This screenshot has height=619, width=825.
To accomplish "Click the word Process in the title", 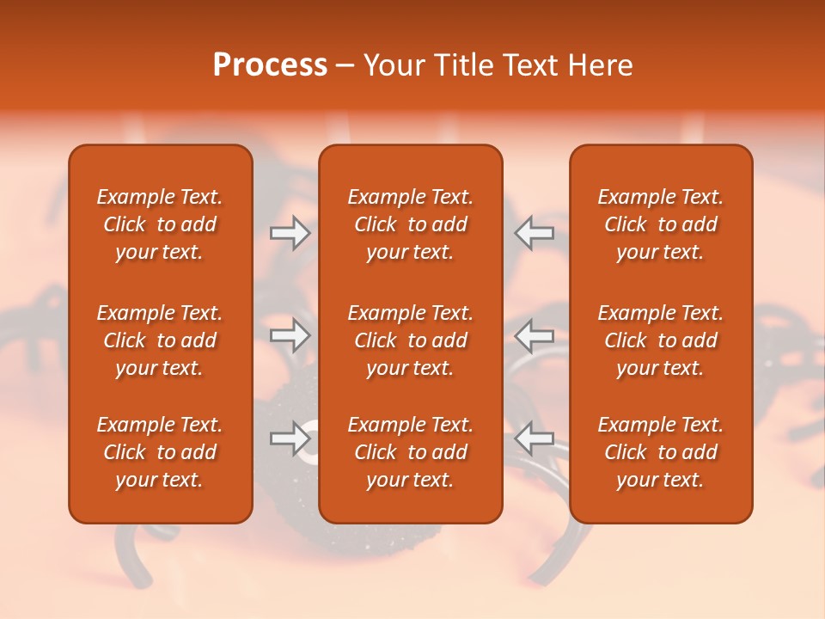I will pyautogui.click(x=270, y=65).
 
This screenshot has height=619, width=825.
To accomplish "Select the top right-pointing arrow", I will pyautogui.click(x=290, y=233).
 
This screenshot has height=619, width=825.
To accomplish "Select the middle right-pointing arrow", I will pyautogui.click(x=290, y=335).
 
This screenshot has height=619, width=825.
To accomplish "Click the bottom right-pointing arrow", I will pyautogui.click(x=290, y=438).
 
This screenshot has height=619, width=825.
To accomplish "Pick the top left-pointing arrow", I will pyautogui.click(x=534, y=233).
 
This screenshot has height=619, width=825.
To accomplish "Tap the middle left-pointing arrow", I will pyautogui.click(x=534, y=335).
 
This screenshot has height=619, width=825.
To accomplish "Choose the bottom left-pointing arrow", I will pyautogui.click(x=534, y=438).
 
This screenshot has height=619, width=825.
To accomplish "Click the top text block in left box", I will pyautogui.click(x=160, y=224).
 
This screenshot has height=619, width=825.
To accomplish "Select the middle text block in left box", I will pyautogui.click(x=160, y=340).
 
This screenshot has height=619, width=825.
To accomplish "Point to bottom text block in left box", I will pyautogui.click(x=160, y=452).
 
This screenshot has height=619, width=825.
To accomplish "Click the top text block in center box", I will pyautogui.click(x=410, y=224).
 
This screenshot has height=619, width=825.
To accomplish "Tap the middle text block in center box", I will pyautogui.click(x=410, y=340).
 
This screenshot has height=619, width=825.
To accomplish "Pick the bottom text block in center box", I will pyautogui.click(x=410, y=452).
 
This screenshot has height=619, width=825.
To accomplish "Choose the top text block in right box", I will pyautogui.click(x=660, y=224).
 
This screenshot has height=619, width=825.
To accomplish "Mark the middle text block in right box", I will pyautogui.click(x=660, y=340).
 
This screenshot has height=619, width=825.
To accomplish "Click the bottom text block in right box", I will pyautogui.click(x=660, y=452).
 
